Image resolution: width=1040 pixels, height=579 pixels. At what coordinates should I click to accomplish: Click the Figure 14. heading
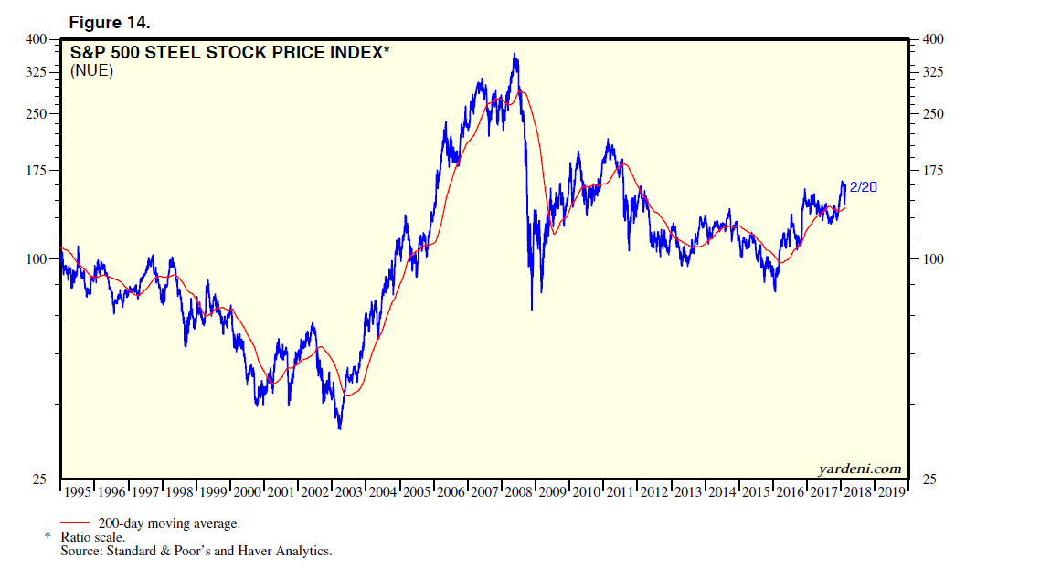click(110, 22)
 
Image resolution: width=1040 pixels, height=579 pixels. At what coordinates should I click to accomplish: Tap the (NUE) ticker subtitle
click(91, 71)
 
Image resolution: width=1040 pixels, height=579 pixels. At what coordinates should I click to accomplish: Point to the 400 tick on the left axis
click(36, 39)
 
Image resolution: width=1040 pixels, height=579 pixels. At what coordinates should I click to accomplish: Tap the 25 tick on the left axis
click(40, 479)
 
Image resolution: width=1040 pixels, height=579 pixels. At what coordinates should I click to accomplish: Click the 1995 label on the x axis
click(79, 491)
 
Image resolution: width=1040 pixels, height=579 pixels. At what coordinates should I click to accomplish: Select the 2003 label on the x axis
click(349, 491)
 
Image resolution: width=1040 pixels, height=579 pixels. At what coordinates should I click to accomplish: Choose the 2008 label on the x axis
click(519, 491)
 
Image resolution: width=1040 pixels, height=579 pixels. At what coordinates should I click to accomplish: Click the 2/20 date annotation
click(864, 187)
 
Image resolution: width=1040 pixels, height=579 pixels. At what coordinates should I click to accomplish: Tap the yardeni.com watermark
click(859, 469)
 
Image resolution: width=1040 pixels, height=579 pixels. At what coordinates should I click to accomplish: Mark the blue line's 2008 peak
click(516, 55)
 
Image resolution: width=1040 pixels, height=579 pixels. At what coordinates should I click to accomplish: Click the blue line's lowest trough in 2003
click(339, 428)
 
